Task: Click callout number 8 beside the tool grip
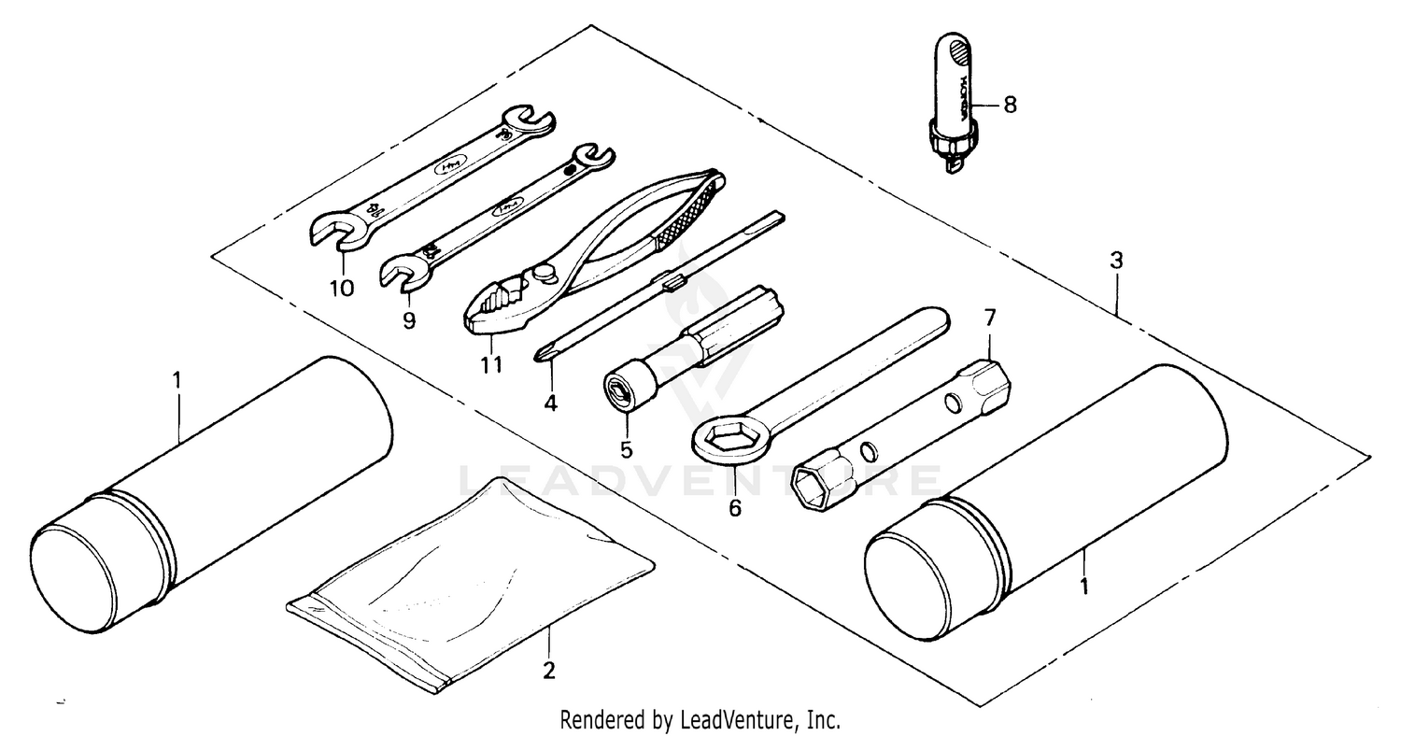(x=1009, y=105)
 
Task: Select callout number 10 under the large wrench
(x=342, y=288)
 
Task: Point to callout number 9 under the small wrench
(x=409, y=320)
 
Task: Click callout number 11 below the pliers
(x=491, y=364)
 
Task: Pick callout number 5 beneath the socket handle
(x=626, y=449)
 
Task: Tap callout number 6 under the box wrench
(x=734, y=509)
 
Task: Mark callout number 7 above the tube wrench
(x=991, y=318)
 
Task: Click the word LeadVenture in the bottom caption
(x=739, y=720)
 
